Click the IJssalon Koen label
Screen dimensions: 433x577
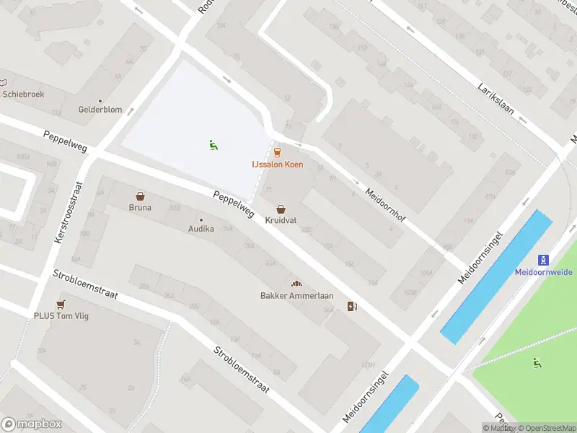point(277,165)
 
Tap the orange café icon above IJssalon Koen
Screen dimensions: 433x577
point(277,152)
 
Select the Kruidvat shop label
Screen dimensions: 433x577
point(281,220)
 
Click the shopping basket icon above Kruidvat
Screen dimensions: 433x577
point(281,208)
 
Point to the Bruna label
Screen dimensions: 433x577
point(140,208)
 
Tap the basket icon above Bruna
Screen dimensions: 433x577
point(140,196)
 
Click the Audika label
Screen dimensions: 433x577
point(201,229)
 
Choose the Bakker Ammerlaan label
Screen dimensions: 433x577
point(296,295)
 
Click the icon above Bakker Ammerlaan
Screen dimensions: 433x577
point(296,284)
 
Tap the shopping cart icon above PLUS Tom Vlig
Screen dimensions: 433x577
point(61,304)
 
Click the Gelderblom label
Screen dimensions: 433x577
point(100,110)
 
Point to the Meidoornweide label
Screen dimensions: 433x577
point(543,272)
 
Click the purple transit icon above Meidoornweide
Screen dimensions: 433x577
point(543,260)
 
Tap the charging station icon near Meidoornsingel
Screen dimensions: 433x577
point(352,306)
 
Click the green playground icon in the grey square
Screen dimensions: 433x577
point(213,145)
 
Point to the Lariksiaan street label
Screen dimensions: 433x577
point(495,98)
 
